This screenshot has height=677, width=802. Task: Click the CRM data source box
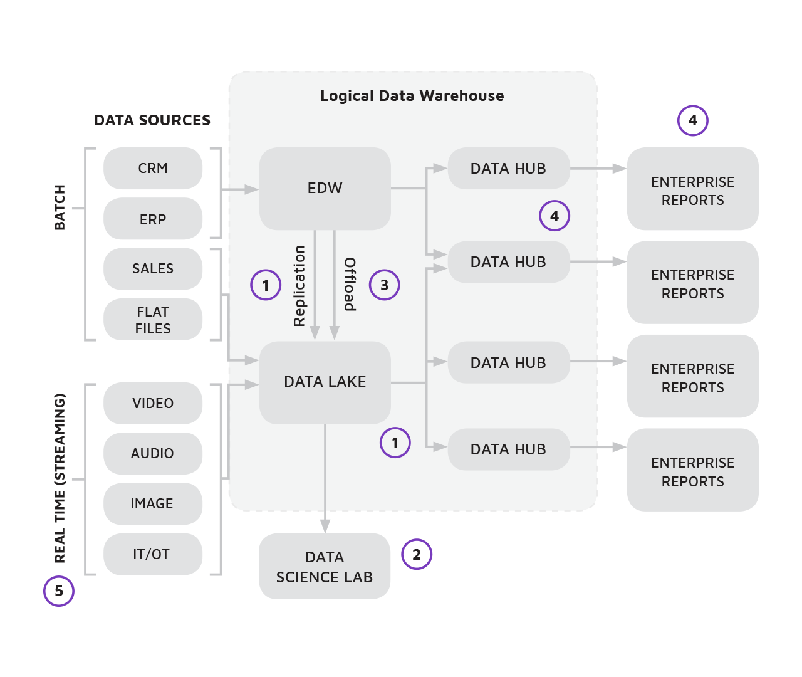click(153, 168)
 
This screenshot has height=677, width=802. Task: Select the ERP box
click(153, 219)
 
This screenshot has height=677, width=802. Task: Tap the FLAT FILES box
click(153, 320)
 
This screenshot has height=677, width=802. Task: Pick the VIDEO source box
click(153, 403)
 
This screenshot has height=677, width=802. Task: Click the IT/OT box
click(153, 554)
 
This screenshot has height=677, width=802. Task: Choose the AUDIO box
click(153, 453)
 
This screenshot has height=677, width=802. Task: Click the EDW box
click(325, 188)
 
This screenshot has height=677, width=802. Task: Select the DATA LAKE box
click(325, 382)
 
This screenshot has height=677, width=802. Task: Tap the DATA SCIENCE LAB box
click(325, 567)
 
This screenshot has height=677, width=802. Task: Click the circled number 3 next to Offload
click(384, 285)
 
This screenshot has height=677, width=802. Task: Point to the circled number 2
click(417, 554)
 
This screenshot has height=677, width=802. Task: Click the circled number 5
click(59, 591)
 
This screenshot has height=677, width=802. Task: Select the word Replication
click(299, 286)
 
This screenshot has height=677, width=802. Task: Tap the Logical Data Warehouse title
click(412, 96)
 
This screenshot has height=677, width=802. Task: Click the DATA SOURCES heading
click(152, 120)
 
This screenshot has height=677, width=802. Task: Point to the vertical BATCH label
click(60, 207)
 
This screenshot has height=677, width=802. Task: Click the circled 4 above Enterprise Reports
click(692, 120)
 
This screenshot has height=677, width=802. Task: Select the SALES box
click(153, 268)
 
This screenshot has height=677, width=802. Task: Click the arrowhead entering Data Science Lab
click(325, 526)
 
